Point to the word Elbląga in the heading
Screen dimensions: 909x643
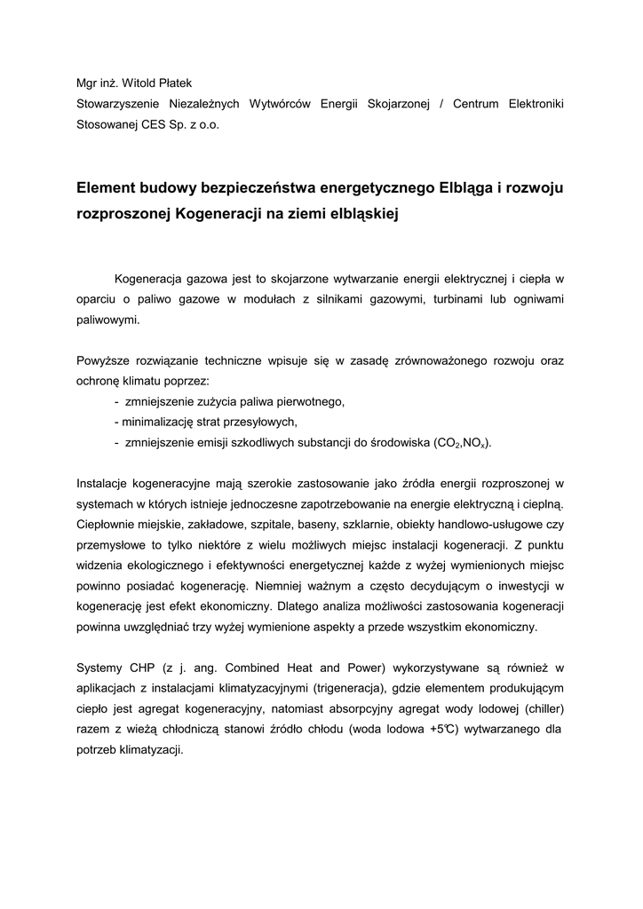click(471, 188)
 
